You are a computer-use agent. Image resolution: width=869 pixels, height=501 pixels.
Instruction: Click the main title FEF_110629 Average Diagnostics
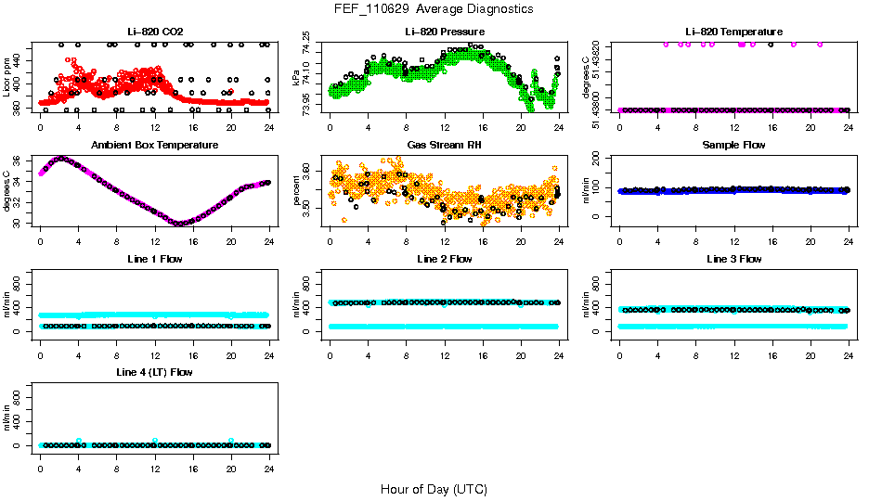(434, 8)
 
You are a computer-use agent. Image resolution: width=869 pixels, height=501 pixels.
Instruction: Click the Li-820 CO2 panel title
(154, 32)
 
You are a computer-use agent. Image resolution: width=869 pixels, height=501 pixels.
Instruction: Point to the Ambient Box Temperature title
(154, 145)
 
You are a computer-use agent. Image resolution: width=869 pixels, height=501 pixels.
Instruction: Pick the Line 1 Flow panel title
(154, 259)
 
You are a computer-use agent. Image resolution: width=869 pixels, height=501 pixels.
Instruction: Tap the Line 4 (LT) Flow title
(154, 372)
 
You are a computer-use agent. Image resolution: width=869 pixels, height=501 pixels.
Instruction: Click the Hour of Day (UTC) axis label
(434, 489)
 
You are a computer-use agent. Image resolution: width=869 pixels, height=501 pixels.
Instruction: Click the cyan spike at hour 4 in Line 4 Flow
(79, 441)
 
